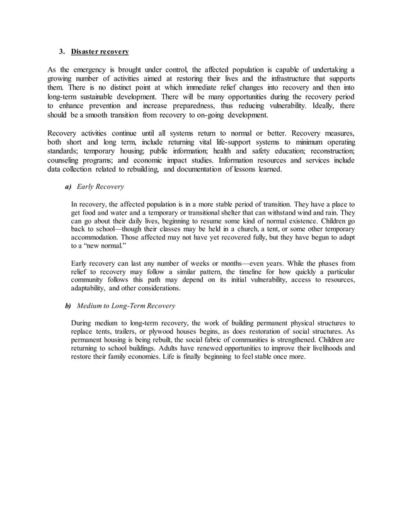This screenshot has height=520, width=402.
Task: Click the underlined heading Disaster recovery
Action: [100, 50]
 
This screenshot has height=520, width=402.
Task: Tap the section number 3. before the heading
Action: [62, 50]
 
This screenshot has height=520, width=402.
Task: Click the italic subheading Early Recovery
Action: [100, 187]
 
